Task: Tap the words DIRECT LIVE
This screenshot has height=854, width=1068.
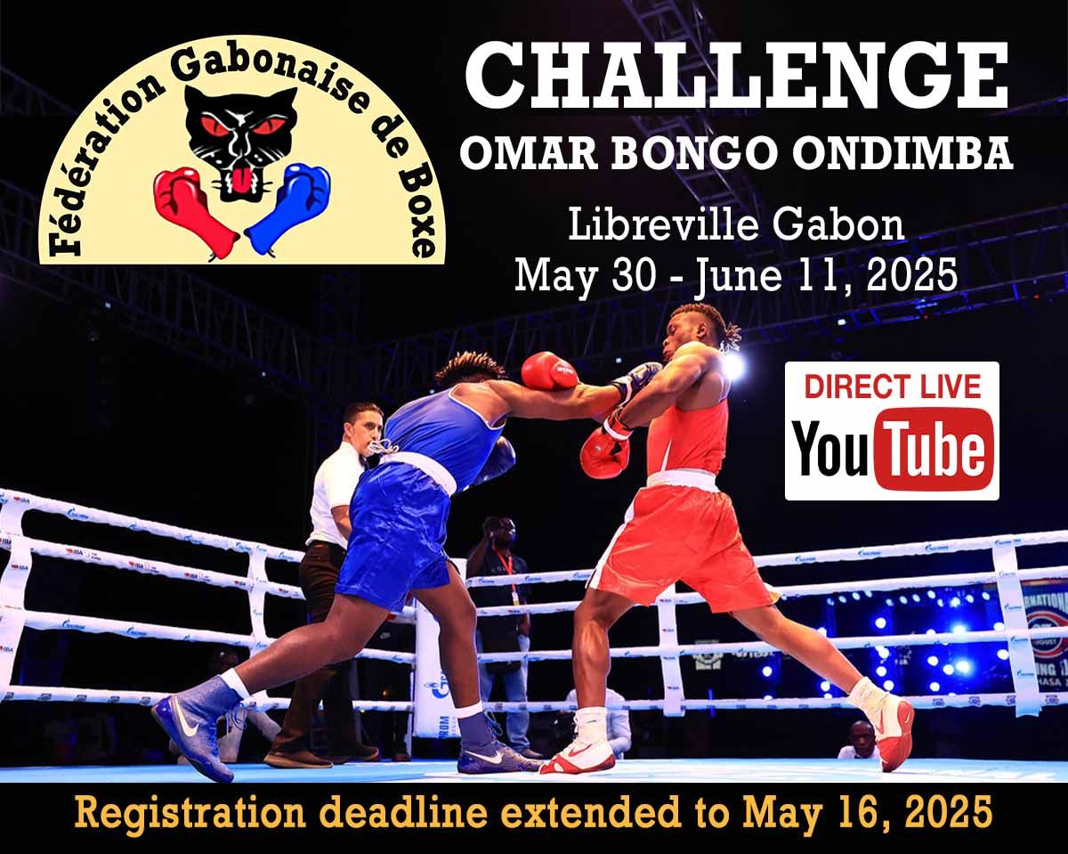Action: click(x=892, y=386)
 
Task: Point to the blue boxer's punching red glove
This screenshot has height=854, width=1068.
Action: click(x=549, y=370)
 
